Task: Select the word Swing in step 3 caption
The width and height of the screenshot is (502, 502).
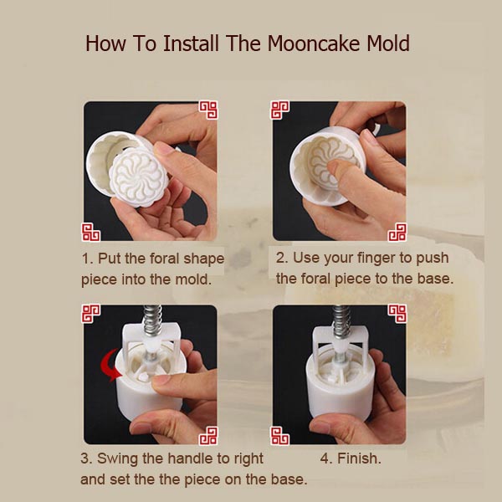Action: click(x=118, y=458)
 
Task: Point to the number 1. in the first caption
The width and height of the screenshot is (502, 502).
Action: click(x=87, y=258)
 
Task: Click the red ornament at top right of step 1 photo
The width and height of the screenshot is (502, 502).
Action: click(x=207, y=110)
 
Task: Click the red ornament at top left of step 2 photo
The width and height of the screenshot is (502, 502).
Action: click(x=280, y=110)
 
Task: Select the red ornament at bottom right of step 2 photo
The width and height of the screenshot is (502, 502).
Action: click(x=397, y=232)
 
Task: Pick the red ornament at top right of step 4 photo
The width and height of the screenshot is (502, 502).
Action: click(x=397, y=314)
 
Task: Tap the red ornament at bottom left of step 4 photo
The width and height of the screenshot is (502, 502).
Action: click(x=280, y=435)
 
